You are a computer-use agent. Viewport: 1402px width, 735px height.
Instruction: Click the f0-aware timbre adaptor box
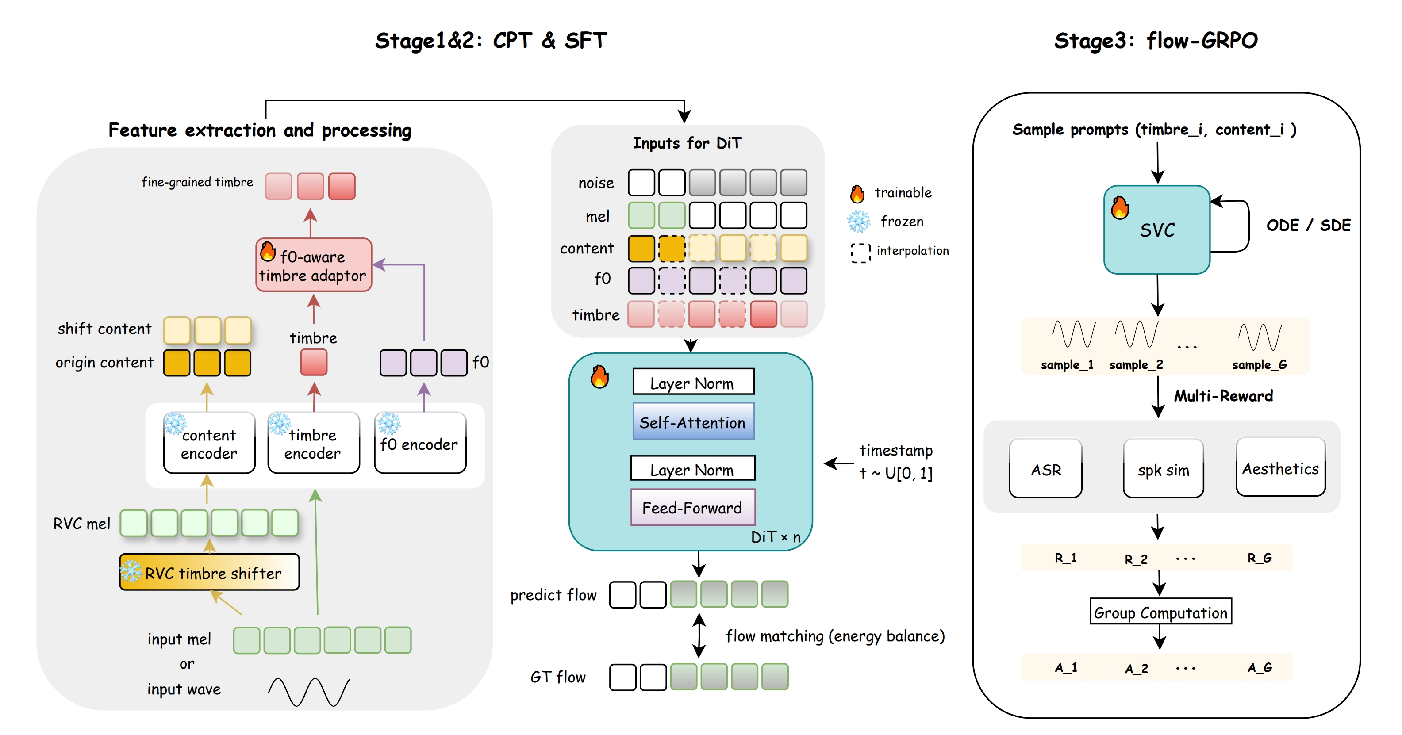pos(314,265)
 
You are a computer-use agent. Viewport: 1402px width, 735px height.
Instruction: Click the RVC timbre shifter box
pos(210,572)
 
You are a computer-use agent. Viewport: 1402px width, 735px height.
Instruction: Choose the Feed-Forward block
pos(692,508)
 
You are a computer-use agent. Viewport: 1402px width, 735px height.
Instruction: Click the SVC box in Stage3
pos(1156,230)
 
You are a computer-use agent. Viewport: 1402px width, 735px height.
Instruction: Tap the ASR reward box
pos(1045,469)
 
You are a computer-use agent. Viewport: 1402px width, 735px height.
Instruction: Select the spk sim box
pos(1163,469)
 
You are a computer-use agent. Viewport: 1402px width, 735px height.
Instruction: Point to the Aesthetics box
pos(1281,468)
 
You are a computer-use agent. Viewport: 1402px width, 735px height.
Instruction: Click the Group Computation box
pos(1160,612)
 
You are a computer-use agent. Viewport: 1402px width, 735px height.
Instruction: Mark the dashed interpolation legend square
pos(860,253)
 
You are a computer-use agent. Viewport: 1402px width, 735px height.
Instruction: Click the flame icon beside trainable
pos(857,193)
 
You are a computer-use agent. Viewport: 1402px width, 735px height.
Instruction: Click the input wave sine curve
pos(309,692)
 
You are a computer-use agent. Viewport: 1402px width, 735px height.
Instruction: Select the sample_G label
pos(1260,364)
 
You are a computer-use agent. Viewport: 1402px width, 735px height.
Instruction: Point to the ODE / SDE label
pos(1308,225)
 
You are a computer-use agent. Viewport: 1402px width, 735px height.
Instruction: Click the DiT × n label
pos(776,537)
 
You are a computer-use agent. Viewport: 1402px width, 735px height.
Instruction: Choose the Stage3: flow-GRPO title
pos(1156,41)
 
